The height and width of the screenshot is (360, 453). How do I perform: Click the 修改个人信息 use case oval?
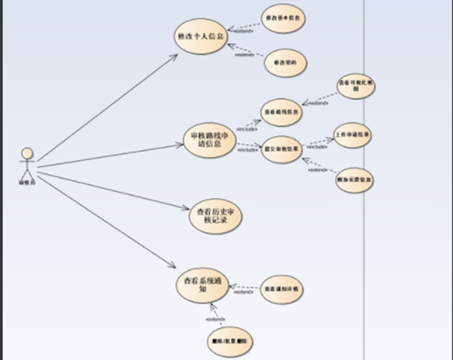200,36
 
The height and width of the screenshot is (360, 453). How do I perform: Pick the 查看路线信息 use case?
281,112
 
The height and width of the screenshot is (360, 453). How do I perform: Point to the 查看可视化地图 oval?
354,88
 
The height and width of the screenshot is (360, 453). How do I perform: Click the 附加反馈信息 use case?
354,179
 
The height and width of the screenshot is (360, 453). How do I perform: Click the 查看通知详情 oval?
281,289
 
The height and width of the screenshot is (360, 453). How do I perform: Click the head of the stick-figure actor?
28,153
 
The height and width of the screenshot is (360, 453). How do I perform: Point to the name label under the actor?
27,183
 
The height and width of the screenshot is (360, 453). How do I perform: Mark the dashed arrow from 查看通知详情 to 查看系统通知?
244,289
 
